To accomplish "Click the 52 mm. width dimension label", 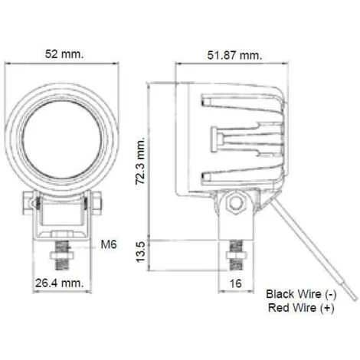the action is (x=64, y=54).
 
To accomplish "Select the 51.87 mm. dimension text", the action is (x=234, y=55).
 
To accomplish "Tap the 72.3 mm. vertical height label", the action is (x=140, y=161).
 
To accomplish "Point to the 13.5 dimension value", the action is (x=140, y=252).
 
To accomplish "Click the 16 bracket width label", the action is (x=235, y=283).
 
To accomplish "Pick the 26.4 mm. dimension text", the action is (x=60, y=283).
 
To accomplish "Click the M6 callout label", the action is (x=109, y=244).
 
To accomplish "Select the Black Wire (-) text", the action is (x=301, y=294).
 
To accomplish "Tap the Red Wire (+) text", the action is (x=301, y=308).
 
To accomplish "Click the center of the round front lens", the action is (x=62, y=140).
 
